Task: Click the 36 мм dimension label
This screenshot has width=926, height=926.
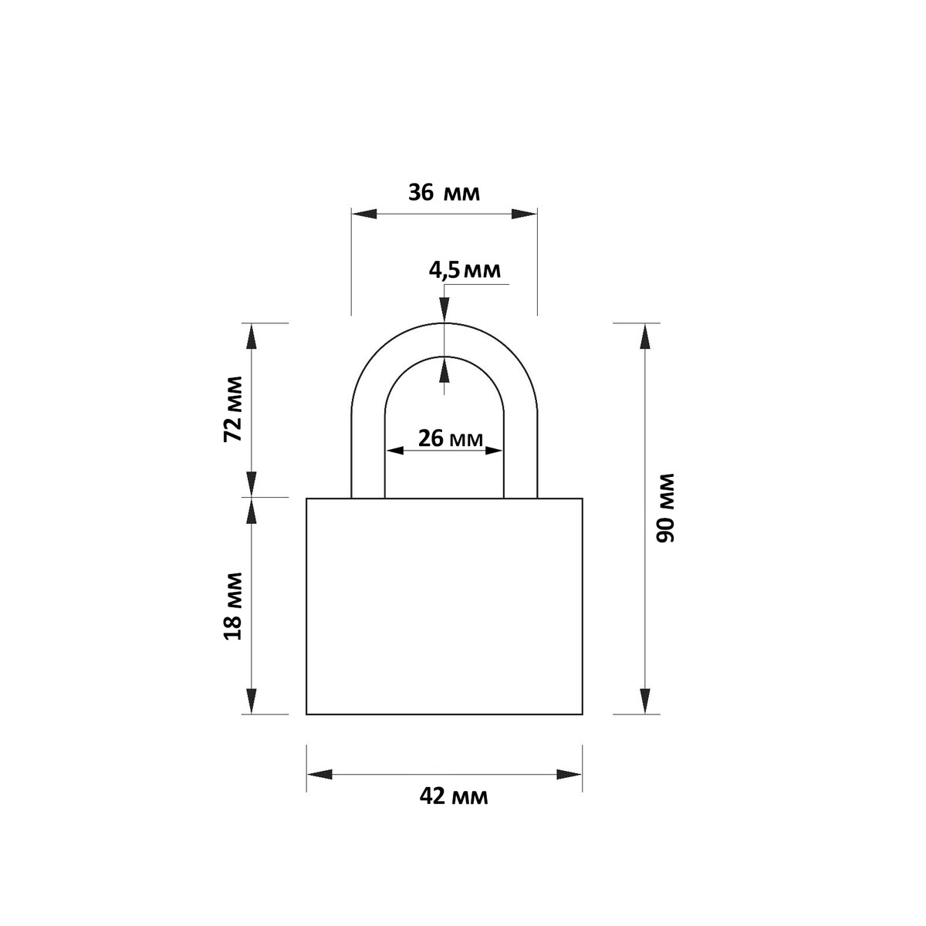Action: [444, 193]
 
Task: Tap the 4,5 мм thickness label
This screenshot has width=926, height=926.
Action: [465, 271]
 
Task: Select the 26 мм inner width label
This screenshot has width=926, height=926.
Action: [450, 438]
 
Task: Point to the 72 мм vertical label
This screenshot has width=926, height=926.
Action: [233, 409]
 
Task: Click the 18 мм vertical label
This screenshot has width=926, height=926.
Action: [233, 606]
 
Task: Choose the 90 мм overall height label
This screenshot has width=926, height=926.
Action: [665, 508]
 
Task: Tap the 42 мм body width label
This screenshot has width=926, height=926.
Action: [454, 796]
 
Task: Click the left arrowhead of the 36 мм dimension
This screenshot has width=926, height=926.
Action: [363, 214]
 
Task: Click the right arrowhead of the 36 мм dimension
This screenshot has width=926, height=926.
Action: [524, 214]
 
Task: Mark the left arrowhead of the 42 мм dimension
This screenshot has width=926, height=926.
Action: [319, 774]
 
